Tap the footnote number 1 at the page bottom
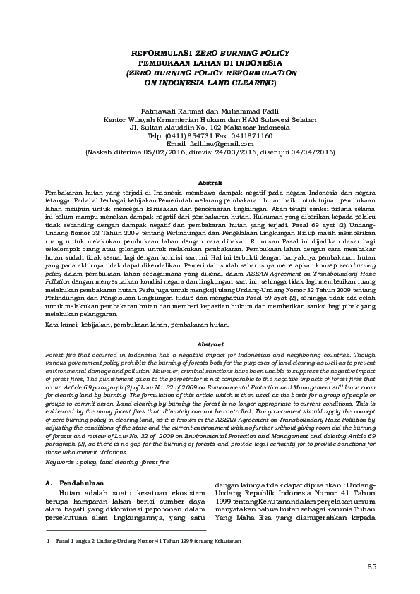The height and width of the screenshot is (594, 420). point(46,540)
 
